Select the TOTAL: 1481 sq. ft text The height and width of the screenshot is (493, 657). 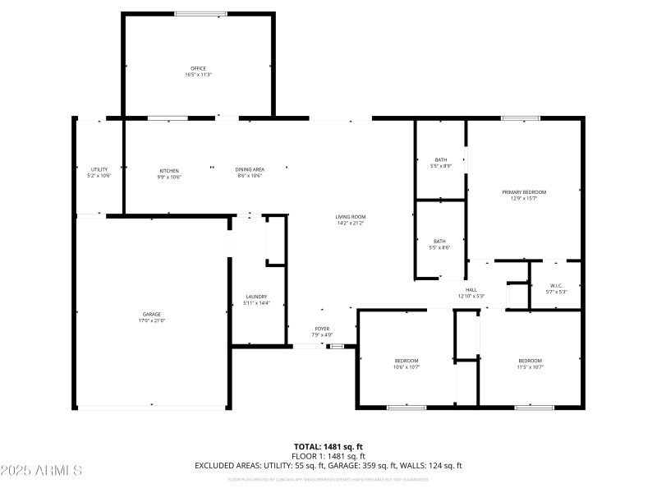coord(328,446)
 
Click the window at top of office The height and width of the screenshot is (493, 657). coord(201,13)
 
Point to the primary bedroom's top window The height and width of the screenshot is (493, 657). coord(521,118)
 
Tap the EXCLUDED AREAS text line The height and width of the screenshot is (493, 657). coord(328,465)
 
